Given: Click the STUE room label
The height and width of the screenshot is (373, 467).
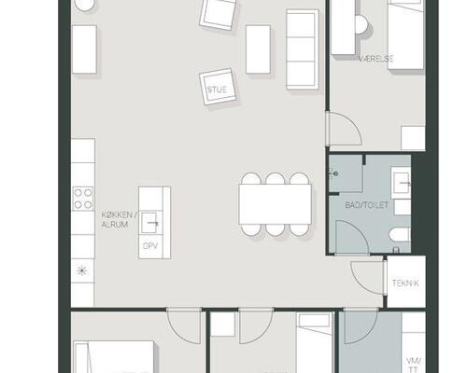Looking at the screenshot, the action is click(217, 90).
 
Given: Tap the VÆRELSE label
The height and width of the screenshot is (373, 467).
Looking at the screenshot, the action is click(375, 59).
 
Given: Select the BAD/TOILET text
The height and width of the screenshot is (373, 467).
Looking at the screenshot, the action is click(367, 205).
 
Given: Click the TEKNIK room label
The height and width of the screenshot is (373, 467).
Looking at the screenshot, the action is click(405, 283).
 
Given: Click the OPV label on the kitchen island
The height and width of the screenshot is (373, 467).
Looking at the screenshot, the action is click(150, 246).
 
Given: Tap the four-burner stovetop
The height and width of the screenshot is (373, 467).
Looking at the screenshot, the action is click(83, 199).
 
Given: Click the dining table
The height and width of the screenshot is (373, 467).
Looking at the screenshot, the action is click(275, 204).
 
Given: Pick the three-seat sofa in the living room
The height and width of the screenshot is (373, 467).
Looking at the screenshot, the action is click(303, 49).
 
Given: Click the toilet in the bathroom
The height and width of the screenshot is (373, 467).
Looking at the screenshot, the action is click(400, 235).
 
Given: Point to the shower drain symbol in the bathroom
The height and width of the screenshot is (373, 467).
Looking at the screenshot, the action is click(334, 173).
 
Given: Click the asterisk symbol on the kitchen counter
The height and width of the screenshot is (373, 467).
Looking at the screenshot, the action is click(82, 270).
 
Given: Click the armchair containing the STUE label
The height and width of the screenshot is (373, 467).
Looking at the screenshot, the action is click(218, 87).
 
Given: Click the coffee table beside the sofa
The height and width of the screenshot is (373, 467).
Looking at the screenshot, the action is click(258, 49).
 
